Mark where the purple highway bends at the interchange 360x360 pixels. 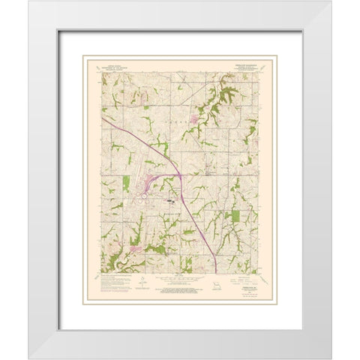(180, 176)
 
